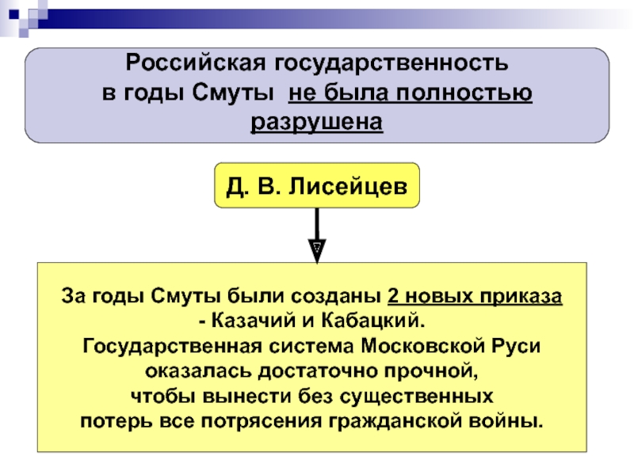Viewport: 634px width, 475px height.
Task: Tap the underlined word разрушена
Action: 316,123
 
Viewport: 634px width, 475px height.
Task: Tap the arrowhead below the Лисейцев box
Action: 316,248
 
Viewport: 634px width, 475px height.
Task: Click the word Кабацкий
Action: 375,321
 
